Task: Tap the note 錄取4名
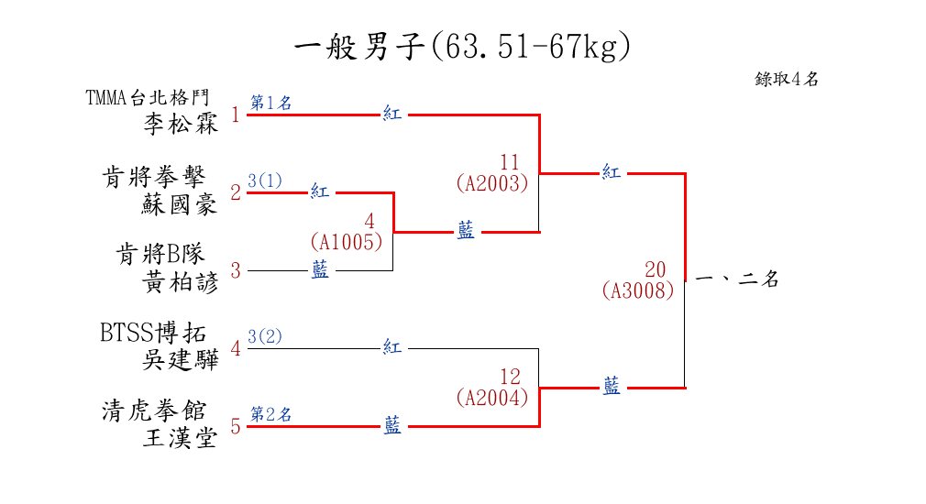tap(787, 80)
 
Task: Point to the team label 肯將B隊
tap(160, 254)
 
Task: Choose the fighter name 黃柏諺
tap(181, 282)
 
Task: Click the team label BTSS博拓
tap(153, 333)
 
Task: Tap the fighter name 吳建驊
tap(181, 360)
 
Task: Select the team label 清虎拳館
tap(154, 411)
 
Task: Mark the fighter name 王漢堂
tap(181, 439)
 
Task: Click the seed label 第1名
tap(270, 104)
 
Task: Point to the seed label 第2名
tap(270, 414)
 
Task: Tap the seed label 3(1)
tap(265, 181)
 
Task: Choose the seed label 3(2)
tap(265, 336)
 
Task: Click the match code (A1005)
tap(346, 242)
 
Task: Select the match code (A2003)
tap(492, 183)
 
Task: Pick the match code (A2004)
tap(492, 398)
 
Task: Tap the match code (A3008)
tap(638, 290)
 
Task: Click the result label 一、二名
tap(737, 280)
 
